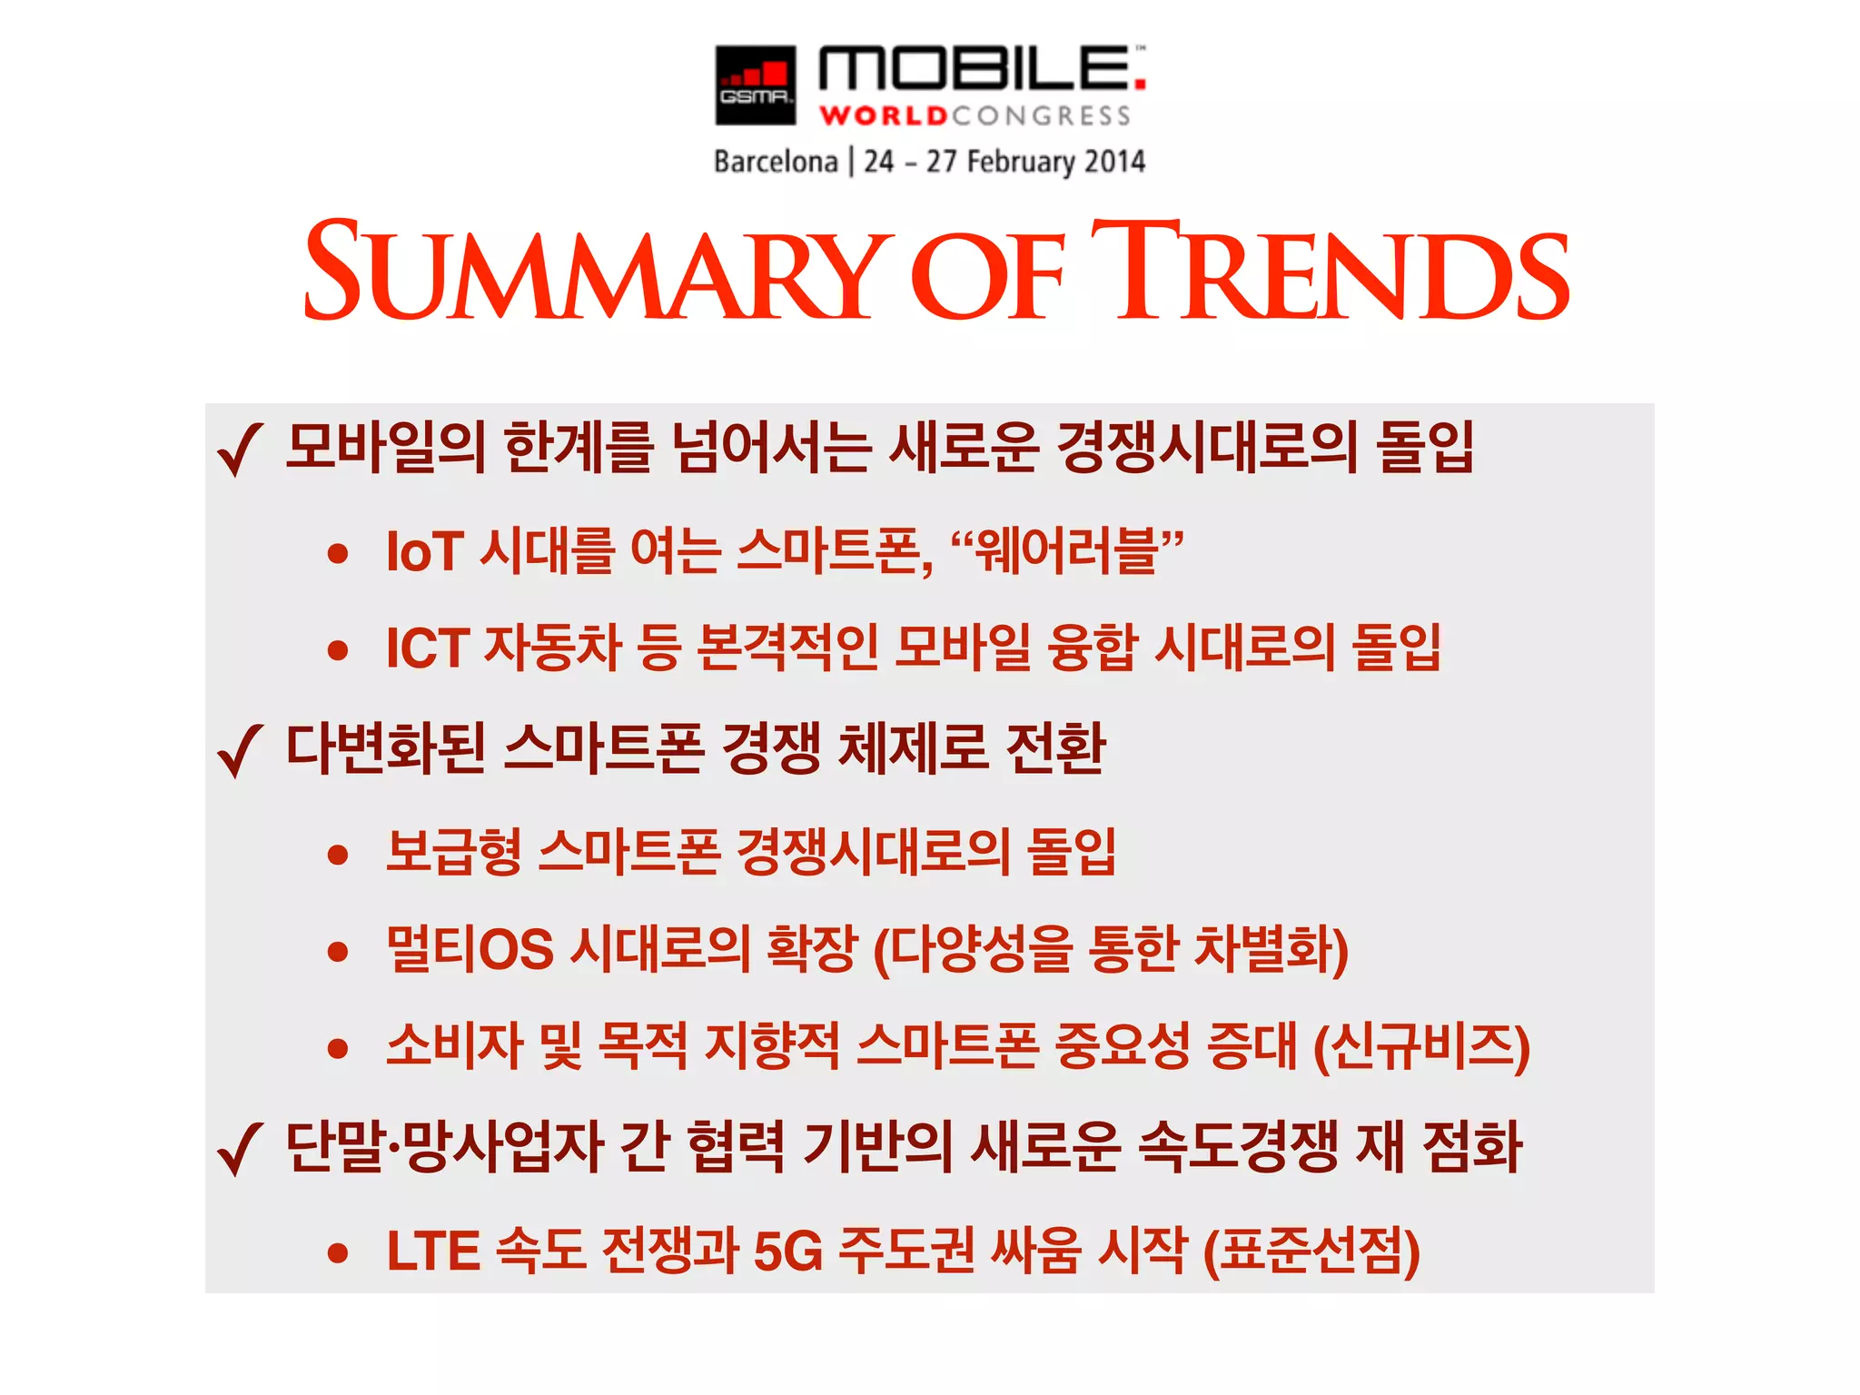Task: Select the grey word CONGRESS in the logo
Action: pyautogui.click(x=1042, y=116)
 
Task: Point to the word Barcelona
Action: pyautogui.click(x=776, y=162)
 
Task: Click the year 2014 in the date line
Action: pyautogui.click(x=1114, y=162)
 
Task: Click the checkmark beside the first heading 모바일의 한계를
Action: pyautogui.click(x=240, y=450)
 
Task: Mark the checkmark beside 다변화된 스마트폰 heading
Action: pyautogui.click(x=240, y=751)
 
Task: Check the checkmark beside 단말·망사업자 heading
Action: pyautogui.click(x=240, y=1149)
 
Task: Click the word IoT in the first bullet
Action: pyautogui.click(x=425, y=551)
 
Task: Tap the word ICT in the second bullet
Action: pyautogui.click(x=428, y=648)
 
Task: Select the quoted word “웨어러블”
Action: pyautogui.click(x=1067, y=551)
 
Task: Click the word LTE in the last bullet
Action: pyautogui.click(x=432, y=1252)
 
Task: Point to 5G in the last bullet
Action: pyautogui.click(x=787, y=1252)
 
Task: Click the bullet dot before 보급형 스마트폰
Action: pyautogui.click(x=339, y=854)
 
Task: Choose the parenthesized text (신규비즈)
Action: pyautogui.click(x=1422, y=1047)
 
